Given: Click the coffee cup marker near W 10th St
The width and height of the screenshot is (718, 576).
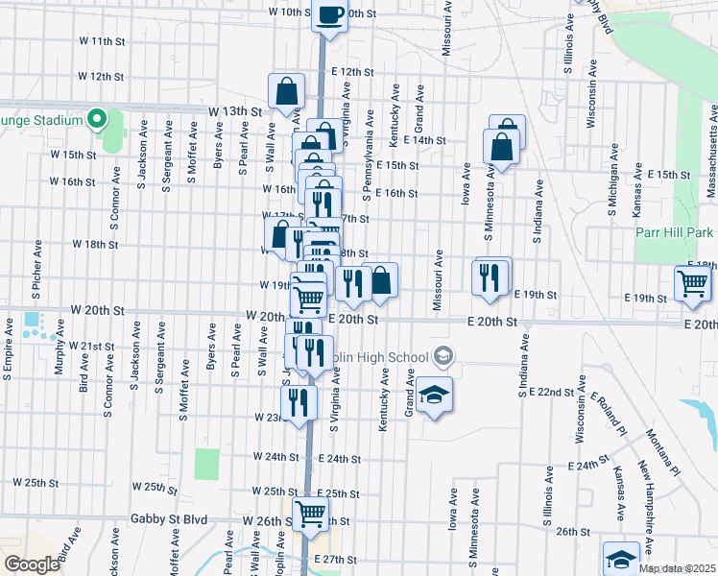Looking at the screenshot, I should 329,16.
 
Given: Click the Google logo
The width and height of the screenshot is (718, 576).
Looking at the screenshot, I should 32,564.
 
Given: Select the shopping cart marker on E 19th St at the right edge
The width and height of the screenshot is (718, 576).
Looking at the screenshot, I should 692,282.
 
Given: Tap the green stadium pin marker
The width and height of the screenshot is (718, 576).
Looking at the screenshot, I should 96,119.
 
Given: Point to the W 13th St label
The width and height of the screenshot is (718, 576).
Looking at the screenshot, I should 235,111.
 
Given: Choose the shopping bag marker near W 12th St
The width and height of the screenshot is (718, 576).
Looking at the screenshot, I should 287,92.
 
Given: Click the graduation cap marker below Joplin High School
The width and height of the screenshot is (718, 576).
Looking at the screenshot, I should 434,395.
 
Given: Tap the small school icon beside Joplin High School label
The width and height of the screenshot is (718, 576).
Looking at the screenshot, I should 443,356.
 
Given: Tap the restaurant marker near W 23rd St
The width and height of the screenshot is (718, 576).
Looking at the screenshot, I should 301,402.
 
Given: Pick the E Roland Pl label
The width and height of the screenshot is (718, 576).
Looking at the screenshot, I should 608,414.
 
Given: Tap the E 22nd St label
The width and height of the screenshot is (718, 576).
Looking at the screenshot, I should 555,393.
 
